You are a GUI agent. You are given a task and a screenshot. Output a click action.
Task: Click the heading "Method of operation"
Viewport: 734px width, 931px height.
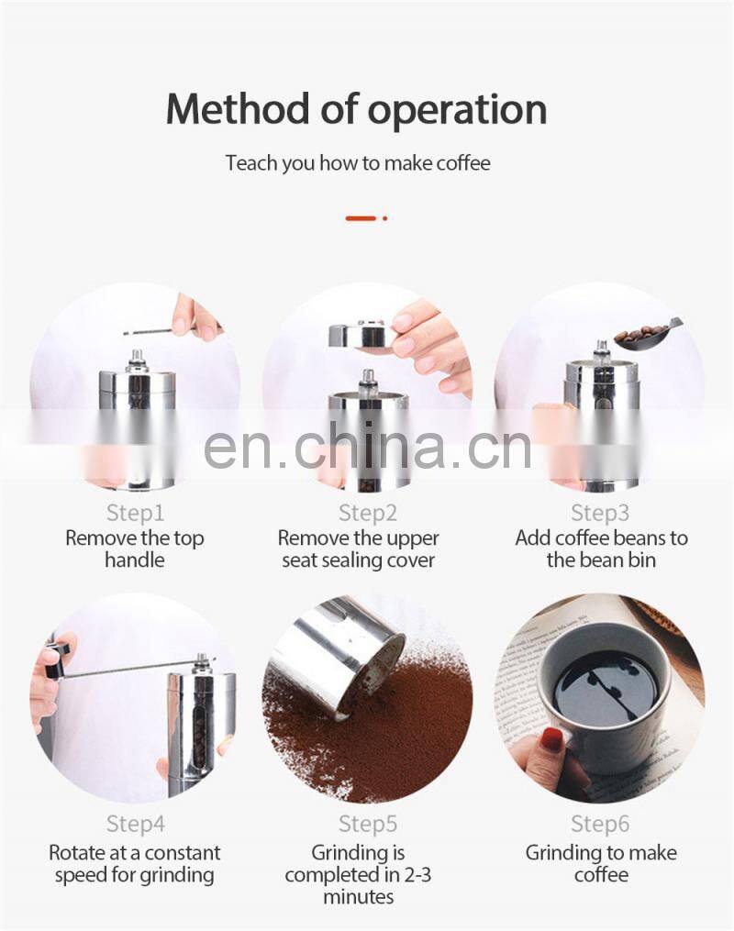pyautogui.click(x=356, y=110)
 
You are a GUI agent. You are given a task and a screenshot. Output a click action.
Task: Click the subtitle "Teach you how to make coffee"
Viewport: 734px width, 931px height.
pyautogui.click(x=358, y=162)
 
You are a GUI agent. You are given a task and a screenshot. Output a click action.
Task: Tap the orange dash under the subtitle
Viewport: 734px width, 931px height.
pyautogui.click(x=361, y=218)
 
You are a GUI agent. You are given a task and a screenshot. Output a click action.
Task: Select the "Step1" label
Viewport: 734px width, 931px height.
pyautogui.click(x=135, y=513)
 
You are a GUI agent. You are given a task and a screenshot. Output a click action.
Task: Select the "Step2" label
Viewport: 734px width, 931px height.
pyautogui.click(x=368, y=513)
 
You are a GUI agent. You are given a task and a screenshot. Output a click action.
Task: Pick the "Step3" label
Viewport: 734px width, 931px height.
pyautogui.click(x=600, y=513)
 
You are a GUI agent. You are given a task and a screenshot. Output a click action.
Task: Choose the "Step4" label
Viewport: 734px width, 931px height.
pyautogui.click(x=135, y=824)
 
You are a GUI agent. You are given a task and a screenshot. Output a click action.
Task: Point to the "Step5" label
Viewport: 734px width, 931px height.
pyautogui.click(x=368, y=824)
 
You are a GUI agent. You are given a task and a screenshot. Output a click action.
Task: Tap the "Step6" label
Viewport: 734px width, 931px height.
pyautogui.click(x=600, y=824)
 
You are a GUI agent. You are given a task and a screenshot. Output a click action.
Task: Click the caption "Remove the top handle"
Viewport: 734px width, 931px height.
pyautogui.click(x=135, y=549)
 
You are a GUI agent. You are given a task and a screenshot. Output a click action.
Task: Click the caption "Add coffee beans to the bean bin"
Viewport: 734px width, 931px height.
pyautogui.click(x=601, y=549)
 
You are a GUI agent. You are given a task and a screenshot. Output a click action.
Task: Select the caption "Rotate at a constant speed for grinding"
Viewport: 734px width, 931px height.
pyautogui.click(x=135, y=864)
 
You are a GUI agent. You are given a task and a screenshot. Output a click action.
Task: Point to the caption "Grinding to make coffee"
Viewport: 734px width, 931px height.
pyautogui.click(x=601, y=864)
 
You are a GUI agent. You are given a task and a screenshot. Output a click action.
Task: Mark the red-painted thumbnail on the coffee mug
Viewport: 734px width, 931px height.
pyautogui.click(x=552, y=738)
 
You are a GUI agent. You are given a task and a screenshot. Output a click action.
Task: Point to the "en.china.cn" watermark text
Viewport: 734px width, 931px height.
pyautogui.click(x=367, y=445)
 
